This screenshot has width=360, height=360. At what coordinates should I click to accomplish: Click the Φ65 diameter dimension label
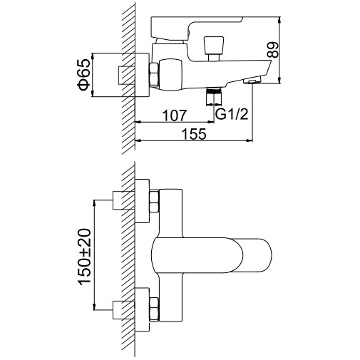pos(84,75)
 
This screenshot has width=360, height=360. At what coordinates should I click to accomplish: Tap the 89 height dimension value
pos(272,50)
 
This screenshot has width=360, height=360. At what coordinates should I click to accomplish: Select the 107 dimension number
pos(175,115)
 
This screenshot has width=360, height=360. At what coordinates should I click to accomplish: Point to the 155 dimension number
pos(194,134)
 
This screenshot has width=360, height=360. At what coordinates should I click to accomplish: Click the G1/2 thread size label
pos(232,115)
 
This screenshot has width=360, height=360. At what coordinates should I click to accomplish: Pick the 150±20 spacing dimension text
pos(84,257)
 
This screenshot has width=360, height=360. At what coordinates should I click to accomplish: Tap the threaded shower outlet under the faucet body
pos(214,96)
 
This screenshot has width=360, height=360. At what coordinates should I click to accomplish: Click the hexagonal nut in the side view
pos(154,74)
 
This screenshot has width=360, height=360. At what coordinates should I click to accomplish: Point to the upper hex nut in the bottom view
pos(154,202)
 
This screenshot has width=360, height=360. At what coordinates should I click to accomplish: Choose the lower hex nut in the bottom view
pos(154,309)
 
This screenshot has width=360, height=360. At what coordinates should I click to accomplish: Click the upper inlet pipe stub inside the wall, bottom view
pos(123,200)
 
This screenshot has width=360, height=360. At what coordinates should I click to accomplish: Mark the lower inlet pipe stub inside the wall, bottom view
pos(123,310)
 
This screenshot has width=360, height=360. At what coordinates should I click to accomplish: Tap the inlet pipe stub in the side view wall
pos(126,75)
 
